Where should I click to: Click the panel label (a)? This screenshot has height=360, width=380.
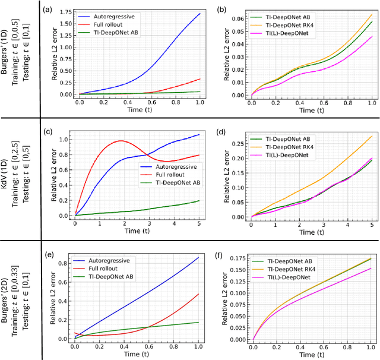50,9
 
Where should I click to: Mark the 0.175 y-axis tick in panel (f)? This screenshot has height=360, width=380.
239,259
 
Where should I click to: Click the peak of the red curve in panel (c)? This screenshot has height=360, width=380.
121,141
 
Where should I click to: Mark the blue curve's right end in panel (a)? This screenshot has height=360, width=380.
200,13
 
